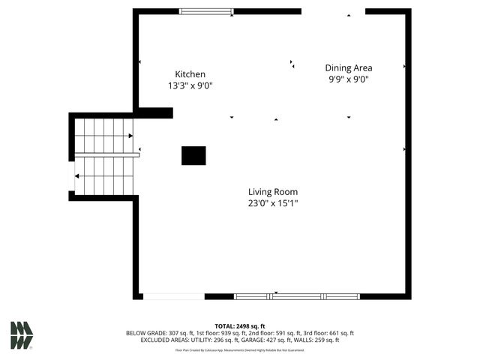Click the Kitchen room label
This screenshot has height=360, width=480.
coord(190,74)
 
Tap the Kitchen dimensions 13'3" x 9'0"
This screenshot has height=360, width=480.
coord(190,85)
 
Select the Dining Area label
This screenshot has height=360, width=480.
coord(348,67)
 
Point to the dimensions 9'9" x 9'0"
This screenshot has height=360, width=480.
coord(348,79)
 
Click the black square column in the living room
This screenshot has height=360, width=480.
coord(193,155)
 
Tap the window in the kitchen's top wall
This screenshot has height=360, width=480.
coord(206,11)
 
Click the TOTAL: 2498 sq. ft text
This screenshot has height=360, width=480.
coord(240,326)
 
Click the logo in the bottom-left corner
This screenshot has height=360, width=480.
coord(21,335)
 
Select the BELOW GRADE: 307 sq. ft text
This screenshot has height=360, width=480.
coord(155,333)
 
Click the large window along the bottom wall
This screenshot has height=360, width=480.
coord(297,296)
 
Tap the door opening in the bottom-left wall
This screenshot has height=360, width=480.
coord(173,296)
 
